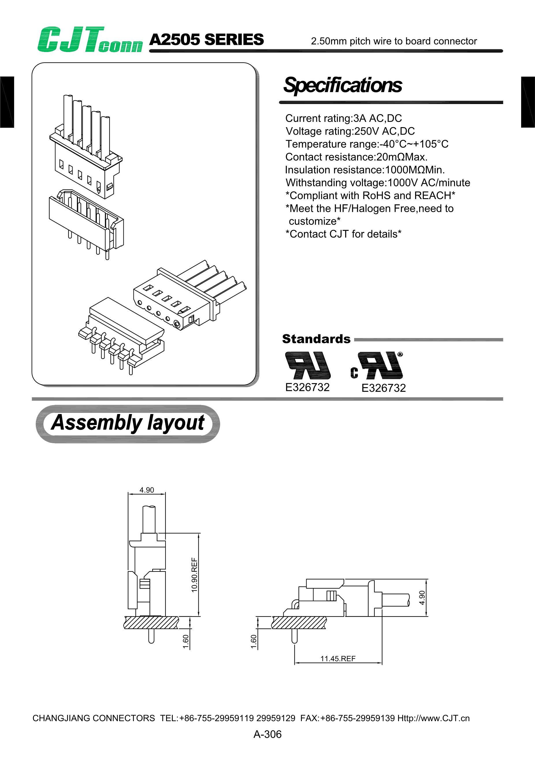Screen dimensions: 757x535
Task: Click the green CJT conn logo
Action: pyautogui.click(x=90, y=40)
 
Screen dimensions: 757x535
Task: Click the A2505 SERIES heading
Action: pyautogui.click(x=206, y=40)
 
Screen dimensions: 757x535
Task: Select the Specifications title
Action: pyautogui.click(x=343, y=85)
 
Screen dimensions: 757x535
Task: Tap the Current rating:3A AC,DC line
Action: pyautogui.click(x=343, y=118)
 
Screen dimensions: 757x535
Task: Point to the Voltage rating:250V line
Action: pyautogui.click(x=350, y=131)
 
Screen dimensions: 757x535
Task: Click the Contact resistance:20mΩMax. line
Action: pyautogui.click(x=356, y=157)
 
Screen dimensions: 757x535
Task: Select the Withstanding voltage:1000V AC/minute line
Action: pyautogui.click(x=378, y=182)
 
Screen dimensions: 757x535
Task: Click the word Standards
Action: pyautogui.click(x=316, y=339)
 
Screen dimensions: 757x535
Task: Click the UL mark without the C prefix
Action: pyautogui.click(x=308, y=365)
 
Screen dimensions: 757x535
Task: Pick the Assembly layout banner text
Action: pyautogui.click(x=128, y=423)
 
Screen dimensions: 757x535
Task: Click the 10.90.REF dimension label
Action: pyautogui.click(x=194, y=575)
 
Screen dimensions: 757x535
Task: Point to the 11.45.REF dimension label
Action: pyautogui.click(x=338, y=658)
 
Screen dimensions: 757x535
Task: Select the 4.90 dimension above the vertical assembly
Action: pyautogui.click(x=147, y=490)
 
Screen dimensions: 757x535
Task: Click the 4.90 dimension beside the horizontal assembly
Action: pyautogui.click(x=422, y=598)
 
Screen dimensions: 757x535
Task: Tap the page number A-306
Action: pyautogui.click(x=267, y=734)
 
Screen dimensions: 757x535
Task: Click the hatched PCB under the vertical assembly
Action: pyautogui.click(x=151, y=622)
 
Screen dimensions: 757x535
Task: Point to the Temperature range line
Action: pyautogui.click(x=367, y=144)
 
